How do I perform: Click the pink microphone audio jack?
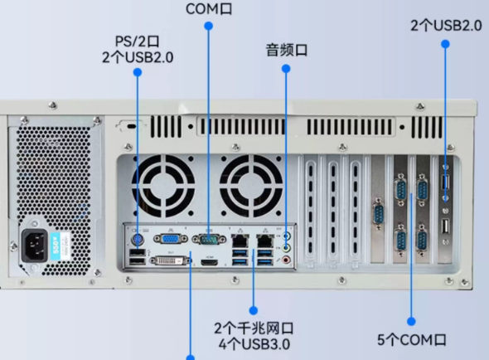coord(287,258)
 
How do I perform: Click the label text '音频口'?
coord(286,51)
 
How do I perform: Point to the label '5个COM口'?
coord(412,339)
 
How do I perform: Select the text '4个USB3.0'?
coord(254,343)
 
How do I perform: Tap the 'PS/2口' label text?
coord(138,40)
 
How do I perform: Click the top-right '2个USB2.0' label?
coord(445,26)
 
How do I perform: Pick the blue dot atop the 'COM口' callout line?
coord(208,26)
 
